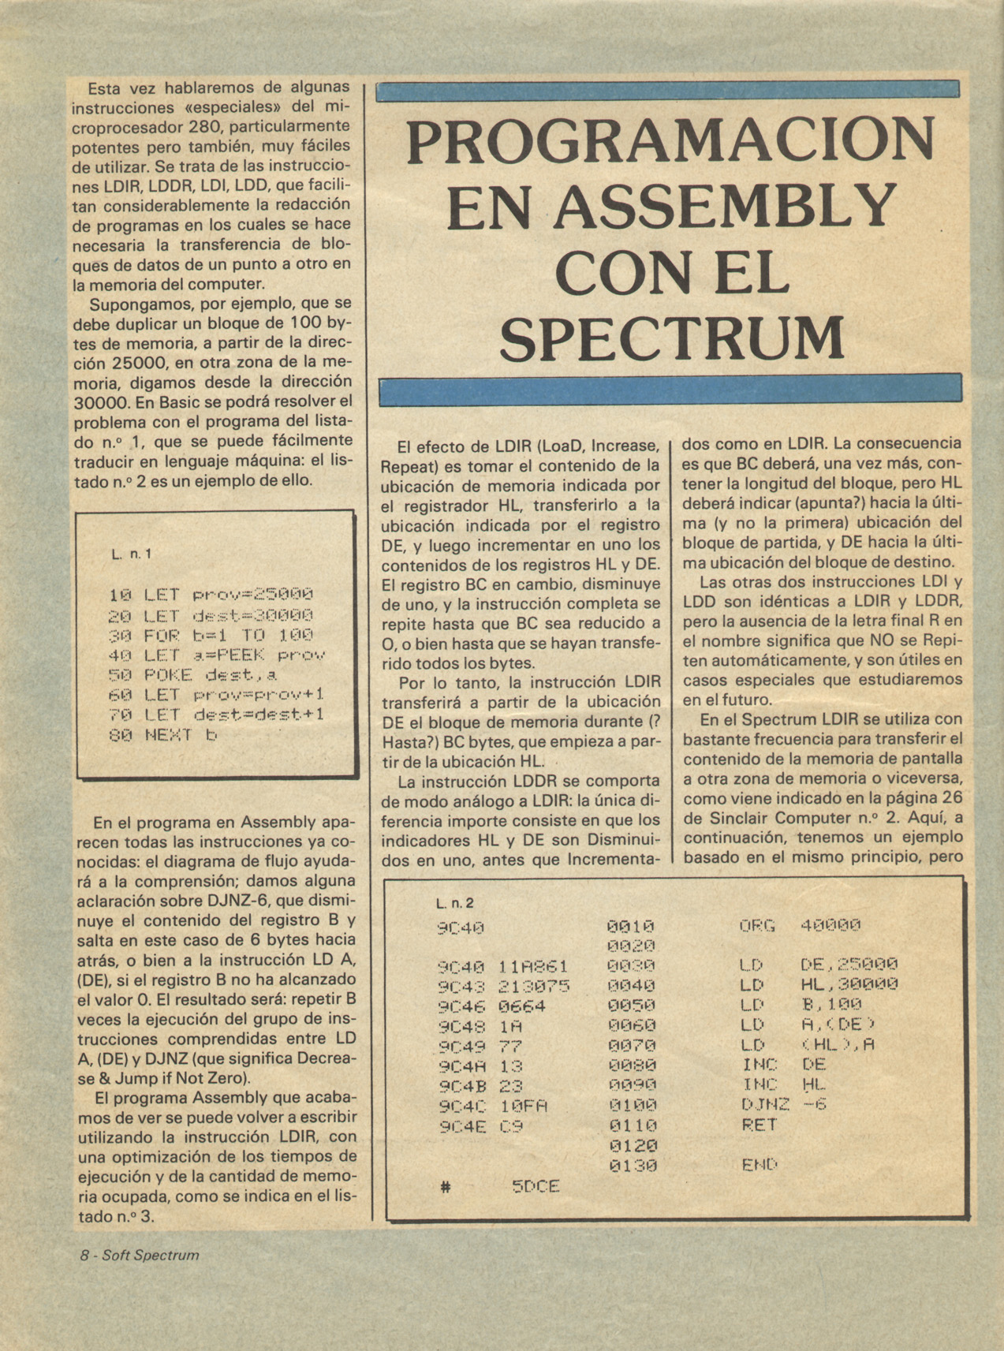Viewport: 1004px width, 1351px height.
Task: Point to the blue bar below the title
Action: coord(670,390)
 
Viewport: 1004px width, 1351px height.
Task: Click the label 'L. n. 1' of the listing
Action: coord(131,554)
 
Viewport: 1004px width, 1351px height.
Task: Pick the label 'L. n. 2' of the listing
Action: coord(455,903)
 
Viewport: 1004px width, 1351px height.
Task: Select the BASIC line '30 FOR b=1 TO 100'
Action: coord(211,635)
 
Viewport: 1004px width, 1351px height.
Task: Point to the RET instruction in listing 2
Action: coord(760,1125)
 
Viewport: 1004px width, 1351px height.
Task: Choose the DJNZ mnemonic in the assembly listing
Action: coord(765,1105)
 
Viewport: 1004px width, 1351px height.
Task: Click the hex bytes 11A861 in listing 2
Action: coord(534,966)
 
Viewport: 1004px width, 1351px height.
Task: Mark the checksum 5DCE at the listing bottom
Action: coord(536,1186)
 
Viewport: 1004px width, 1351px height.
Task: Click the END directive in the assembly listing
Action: coord(760,1165)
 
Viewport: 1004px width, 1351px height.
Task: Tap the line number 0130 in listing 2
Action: coord(632,1166)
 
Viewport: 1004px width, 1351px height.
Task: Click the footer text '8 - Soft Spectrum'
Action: coord(139,1255)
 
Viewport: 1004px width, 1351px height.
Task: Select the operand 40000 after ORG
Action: coord(830,925)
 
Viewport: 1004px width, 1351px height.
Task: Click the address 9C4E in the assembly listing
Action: coord(461,1126)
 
